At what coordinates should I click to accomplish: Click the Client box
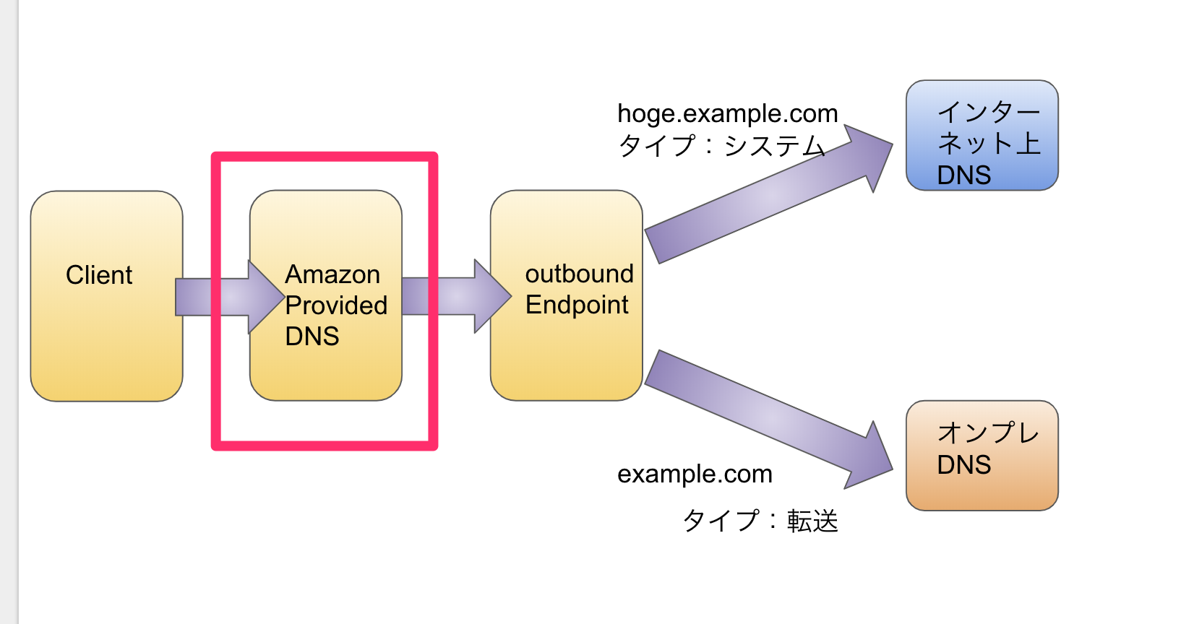click(x=106, y=339)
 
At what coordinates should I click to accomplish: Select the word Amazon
click(x=332, y=274)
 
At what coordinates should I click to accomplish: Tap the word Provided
click(x=336, y=305)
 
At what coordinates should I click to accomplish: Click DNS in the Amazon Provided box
click(x=312, y=337)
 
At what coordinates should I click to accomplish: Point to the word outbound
click(x=579, y=274)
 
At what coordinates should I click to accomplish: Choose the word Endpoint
click(x=577, y=305)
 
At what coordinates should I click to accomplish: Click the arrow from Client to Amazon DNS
click(x=217, y=297)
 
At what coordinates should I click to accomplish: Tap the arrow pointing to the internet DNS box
click(x=766, y=195)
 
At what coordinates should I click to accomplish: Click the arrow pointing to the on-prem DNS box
click(x=766, y=419)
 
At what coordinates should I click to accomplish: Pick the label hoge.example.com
click(x=727, y=113)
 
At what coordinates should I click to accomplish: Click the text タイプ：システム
click(x=721, y=146)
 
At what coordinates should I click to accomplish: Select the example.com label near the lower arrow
click(x=695, y=474)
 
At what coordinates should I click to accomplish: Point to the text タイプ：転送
click(x=760, y=521)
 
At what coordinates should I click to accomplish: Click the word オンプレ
click(x=988, y=433)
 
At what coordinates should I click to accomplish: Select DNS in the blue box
click(x=963, y=175)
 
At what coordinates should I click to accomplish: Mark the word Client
click(x=99, y=275)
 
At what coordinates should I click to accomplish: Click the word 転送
click(x=812, y=521)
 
